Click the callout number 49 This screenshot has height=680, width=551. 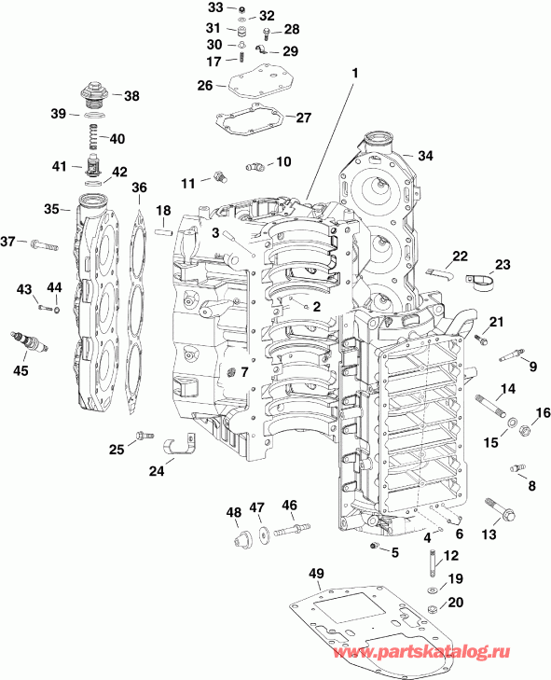[316, 572]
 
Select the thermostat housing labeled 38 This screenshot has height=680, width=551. [92, 96]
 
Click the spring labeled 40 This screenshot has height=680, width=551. [93, 138]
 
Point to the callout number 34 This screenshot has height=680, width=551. [425, 155]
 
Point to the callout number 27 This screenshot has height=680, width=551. [303, 118]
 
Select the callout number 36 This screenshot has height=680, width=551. [139, 188]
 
